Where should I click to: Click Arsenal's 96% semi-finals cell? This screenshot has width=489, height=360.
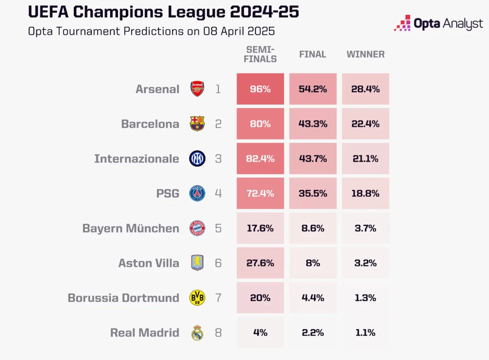[260, 89]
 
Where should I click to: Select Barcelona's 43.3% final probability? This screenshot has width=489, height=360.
[313, 124]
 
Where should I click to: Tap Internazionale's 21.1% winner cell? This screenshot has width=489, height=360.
[365, 159]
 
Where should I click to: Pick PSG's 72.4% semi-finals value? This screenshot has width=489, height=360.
[260, 193]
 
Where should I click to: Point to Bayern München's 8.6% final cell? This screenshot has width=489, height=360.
[313, 228]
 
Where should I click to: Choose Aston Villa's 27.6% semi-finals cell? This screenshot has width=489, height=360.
[260, 263]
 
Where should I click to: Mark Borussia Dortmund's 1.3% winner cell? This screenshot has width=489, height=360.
[365, 298]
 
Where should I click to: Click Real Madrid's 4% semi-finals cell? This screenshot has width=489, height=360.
[260, 332]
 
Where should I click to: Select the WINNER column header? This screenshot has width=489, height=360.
[365, 54]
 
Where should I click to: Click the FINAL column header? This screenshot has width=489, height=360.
[313, 54]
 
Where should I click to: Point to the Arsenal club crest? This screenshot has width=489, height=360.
[197, 89]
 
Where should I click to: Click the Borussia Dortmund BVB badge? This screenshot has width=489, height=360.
[197, 298]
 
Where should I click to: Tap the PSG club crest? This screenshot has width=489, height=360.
[197, 193]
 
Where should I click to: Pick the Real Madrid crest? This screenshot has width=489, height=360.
[197, 332]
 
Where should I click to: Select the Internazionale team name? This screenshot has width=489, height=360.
[136, 159]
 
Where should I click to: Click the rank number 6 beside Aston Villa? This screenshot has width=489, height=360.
[218, 263]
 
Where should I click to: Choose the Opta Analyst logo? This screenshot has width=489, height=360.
[438, 23]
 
